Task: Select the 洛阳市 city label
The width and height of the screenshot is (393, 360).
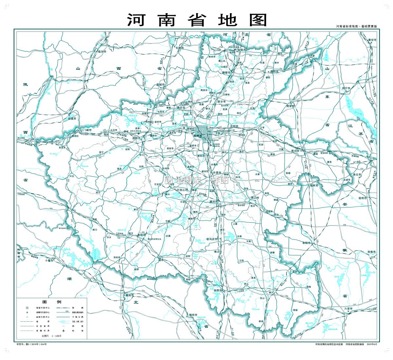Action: pyautogui.click(x=137, y=138)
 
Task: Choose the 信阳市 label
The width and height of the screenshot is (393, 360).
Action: pyautogui.click(x=218, y=290)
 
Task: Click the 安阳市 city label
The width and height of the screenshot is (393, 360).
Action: pyautogui.click(x=242, y=50)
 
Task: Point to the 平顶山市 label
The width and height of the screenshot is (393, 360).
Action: pyautogui.click(x=182, y=190)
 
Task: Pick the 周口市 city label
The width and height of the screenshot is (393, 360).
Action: pyautogui.click(x=254, y=198)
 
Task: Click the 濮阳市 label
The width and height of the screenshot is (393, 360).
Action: pyautogui.click(x=274, y=71)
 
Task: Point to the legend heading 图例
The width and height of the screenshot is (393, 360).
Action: pyautogui.click(x=52, y=302)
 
